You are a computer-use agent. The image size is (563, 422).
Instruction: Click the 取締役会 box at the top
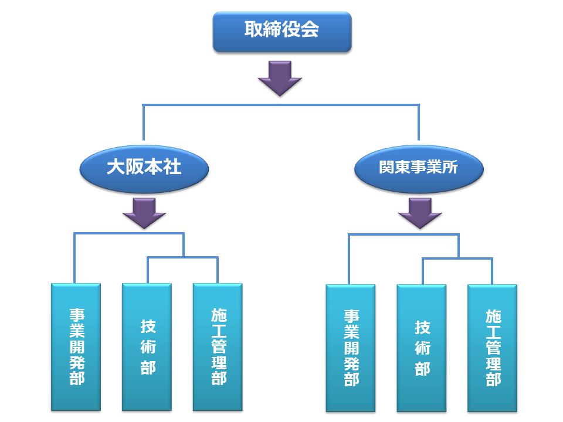click(281, 30)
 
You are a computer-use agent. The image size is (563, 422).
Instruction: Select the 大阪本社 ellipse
click(144, 168)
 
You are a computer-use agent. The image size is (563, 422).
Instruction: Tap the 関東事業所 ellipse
click(419, 168)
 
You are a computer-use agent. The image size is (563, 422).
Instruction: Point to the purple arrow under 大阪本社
click(144, 212)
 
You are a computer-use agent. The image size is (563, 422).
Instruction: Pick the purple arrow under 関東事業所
click(419, 212)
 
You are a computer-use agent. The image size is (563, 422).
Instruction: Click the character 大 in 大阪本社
click(116, 168)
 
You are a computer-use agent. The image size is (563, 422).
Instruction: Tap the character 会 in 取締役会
click(310, 30)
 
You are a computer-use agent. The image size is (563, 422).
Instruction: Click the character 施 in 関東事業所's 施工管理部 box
click(493, 318)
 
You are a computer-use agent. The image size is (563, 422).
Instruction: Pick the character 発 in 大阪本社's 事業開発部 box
click(76, 362)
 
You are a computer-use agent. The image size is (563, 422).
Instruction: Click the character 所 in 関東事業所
click(450, 168)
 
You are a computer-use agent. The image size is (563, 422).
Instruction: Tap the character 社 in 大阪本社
click(172, 168)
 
